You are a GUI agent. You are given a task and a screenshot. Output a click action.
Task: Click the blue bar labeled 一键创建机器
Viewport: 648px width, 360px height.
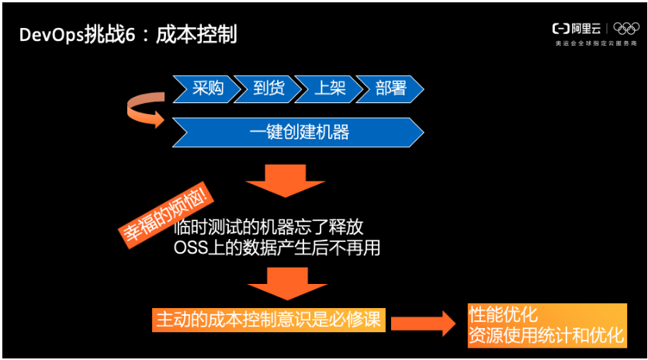299,132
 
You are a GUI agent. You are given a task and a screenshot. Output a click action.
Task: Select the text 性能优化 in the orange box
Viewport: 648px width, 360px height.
503,314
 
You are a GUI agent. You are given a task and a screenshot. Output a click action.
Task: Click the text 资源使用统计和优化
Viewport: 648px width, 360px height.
546,335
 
